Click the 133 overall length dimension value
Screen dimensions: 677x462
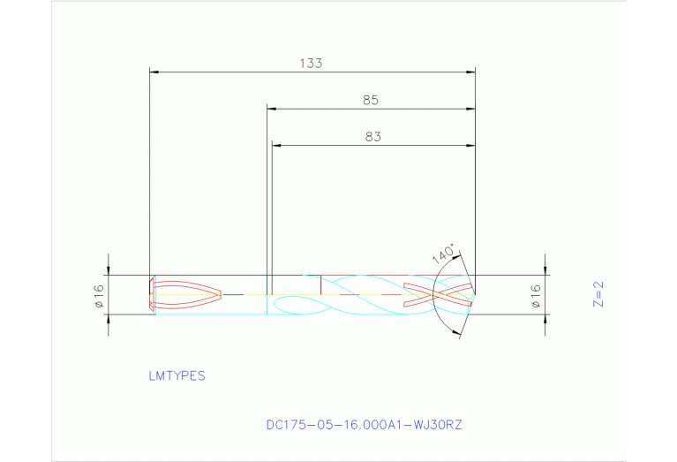pyautogui.click(x=311, y=64)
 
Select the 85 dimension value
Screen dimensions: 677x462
pyautogui.click(x=371, y=101)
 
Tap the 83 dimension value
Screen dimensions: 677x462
pyautogui.click(x=373, y=137)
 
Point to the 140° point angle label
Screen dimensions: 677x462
pyautogui.click(x=443, y=254)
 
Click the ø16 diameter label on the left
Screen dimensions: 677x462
pyautogui.click(x=100, y=296)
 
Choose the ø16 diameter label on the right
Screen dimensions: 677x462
pyautogui.click(x=536, y=296)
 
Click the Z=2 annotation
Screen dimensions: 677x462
pyautogui.click(x=598, y=294)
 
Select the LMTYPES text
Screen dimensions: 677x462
pyautogui.click(x=177, y=376)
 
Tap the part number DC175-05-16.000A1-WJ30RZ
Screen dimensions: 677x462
pyautogui.click(x=364, y=425)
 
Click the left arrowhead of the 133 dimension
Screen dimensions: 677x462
pyautogui.click(x=154, y=72)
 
